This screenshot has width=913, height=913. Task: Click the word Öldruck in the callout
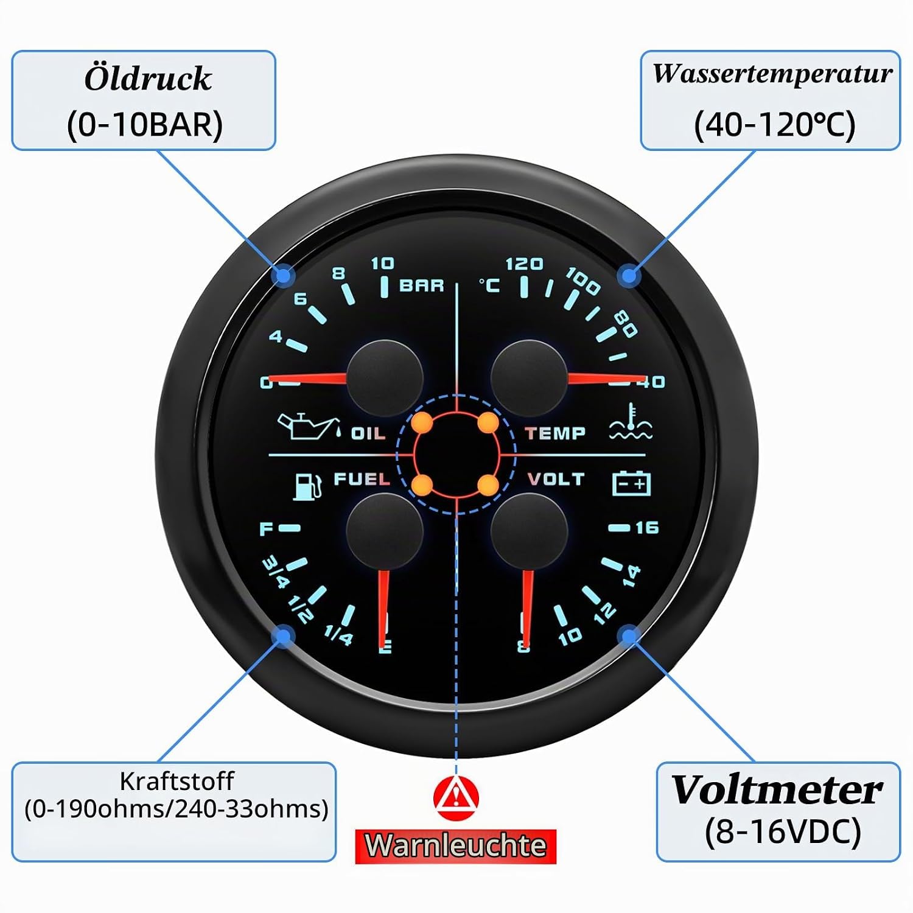tap(148, 79)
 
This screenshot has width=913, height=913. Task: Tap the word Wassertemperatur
tap(772, 74)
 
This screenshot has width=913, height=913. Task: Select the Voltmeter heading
tap(777, 789)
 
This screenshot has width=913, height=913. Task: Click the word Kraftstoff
tap(177, 780)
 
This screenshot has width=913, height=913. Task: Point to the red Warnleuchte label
tap(456, 846)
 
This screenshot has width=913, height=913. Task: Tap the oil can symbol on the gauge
tap(308, 425)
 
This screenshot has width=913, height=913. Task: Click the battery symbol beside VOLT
tap(631, 484)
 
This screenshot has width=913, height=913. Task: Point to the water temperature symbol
tap(631, 421)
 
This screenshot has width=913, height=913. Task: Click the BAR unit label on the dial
tap(421, 285)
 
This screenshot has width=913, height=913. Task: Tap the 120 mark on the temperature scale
tap(524, 264)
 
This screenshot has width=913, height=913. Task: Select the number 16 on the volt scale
tap(647, 527)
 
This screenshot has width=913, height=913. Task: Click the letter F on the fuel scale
tap(266, 528)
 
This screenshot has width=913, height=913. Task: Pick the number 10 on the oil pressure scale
tap(382, 263)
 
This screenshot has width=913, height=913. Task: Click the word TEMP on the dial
tap(555, 433)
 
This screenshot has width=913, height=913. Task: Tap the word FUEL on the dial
tap(362, 479)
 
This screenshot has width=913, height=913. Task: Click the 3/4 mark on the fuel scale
tap(275, 573)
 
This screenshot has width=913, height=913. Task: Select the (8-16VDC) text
tap(783, 831)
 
